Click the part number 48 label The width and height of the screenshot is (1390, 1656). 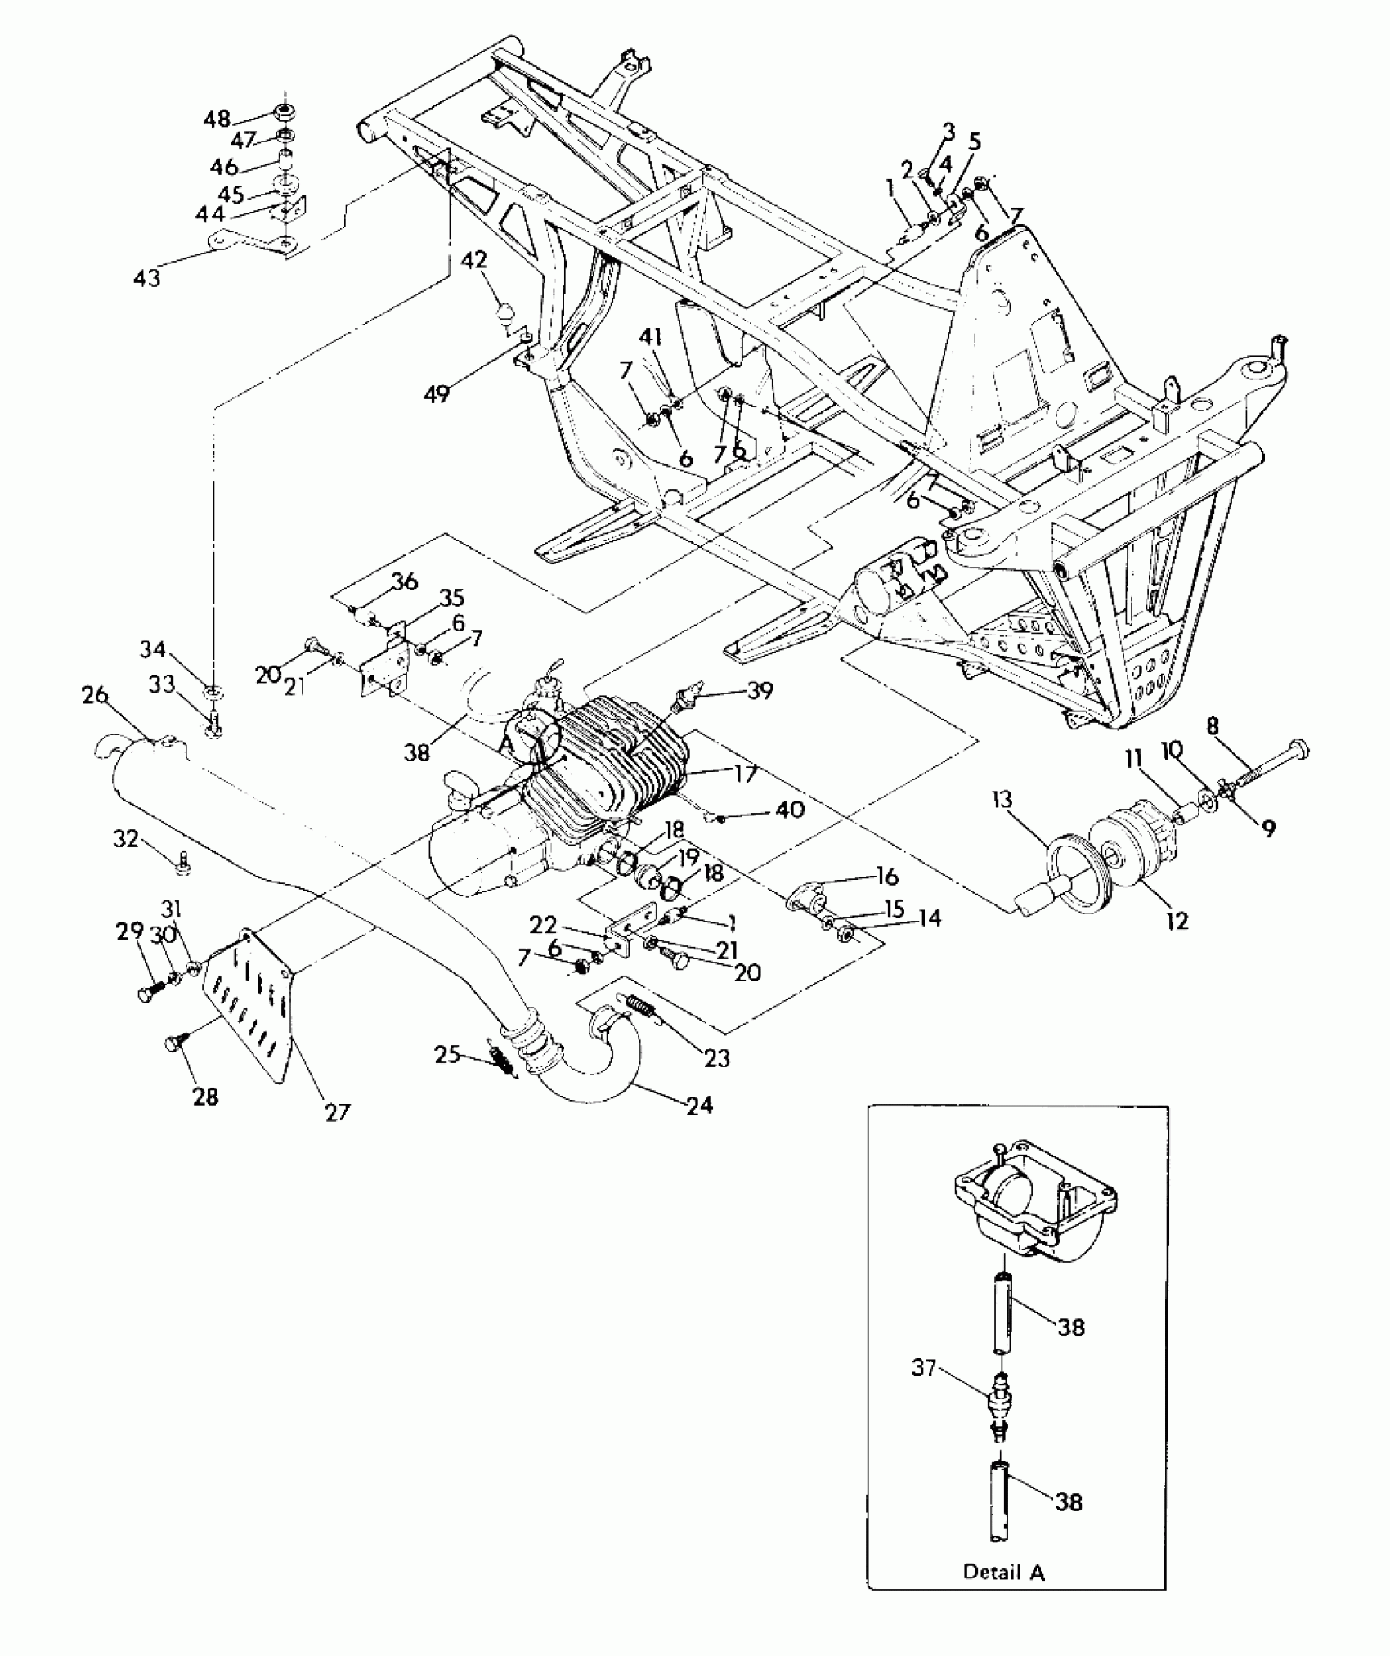(x=217, y=119)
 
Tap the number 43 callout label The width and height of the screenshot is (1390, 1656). (x=147, y=278)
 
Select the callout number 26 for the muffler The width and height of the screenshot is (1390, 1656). (x=95, y=694)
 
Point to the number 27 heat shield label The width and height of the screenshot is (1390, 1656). (x=337, y=1111)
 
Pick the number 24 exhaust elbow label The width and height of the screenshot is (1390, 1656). (x=700, y=1106)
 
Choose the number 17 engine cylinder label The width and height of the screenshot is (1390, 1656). (x=746, y=772)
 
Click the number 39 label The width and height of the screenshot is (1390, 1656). (x=760, y=691)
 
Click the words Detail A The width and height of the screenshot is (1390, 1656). (x=1003, y=1572)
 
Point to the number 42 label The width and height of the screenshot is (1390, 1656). (x=473, y=260)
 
